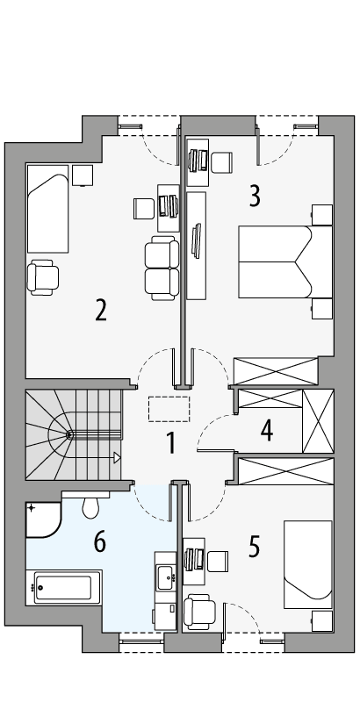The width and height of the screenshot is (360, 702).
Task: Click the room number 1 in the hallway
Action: click(171, 442)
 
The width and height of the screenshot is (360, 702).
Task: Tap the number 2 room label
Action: click(101, 311)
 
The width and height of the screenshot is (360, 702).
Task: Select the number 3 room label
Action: click(255, 196)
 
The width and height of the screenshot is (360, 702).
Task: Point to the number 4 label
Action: click(267, 431)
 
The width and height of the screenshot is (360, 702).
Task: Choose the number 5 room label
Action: click(255, 546)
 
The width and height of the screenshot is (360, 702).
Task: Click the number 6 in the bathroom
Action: click(100, 542)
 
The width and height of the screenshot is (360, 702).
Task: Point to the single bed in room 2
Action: click(47, 208)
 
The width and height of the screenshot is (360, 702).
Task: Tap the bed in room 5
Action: click(307, 563)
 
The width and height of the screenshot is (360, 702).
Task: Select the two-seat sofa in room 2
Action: click(161, 268)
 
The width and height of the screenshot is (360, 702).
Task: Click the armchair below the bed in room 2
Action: click(43, 276)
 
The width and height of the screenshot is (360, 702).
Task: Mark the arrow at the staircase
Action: click(116, 456)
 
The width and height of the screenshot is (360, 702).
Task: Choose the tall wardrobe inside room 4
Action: click(317, 419)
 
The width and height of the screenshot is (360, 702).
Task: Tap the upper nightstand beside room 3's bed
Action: click(321, 216)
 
